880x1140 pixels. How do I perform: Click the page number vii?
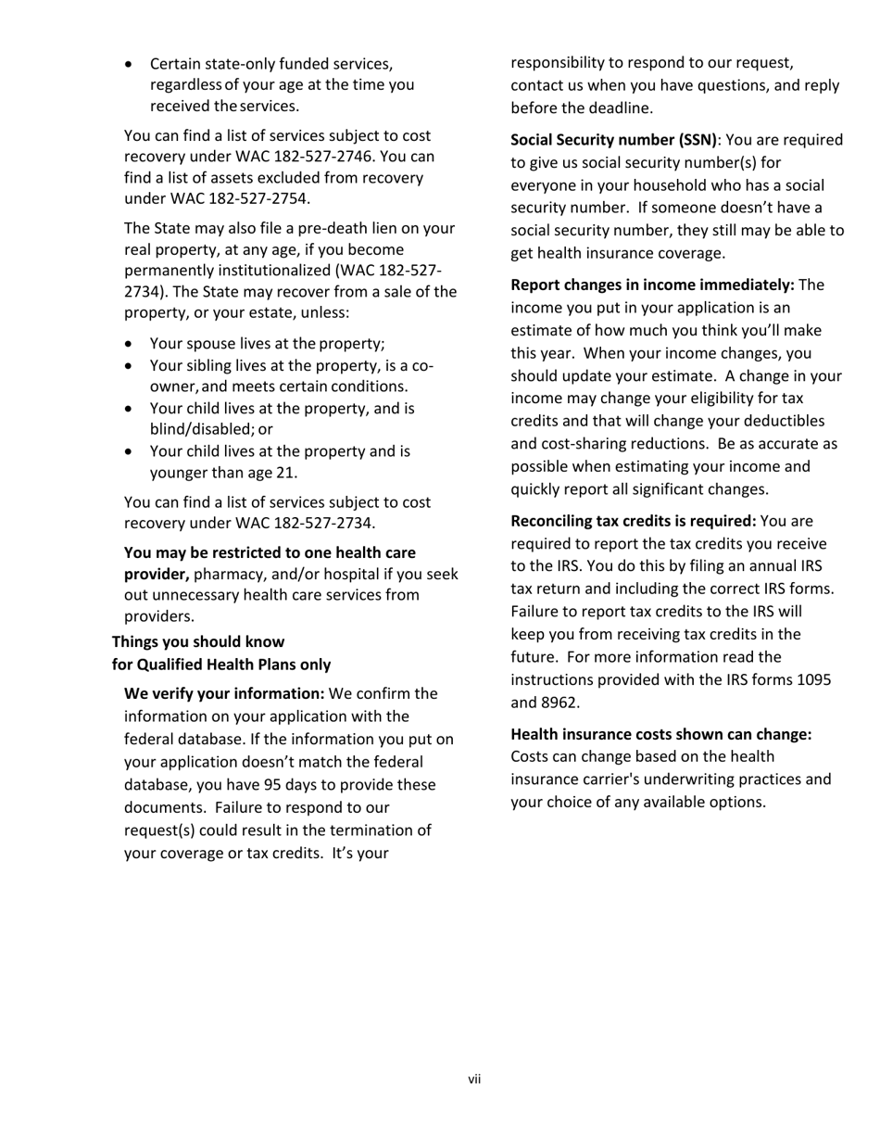(474, 1079)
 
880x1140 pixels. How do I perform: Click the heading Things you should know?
(198, 641)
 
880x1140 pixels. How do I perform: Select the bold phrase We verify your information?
(224, 693)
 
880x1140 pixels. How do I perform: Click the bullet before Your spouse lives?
(129, 343)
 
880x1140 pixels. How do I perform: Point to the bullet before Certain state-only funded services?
(129, 64)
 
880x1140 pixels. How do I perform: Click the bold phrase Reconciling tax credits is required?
(634, 521)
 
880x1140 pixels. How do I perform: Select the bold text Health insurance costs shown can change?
(661, 734)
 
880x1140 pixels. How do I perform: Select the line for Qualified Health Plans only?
(221, 665)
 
